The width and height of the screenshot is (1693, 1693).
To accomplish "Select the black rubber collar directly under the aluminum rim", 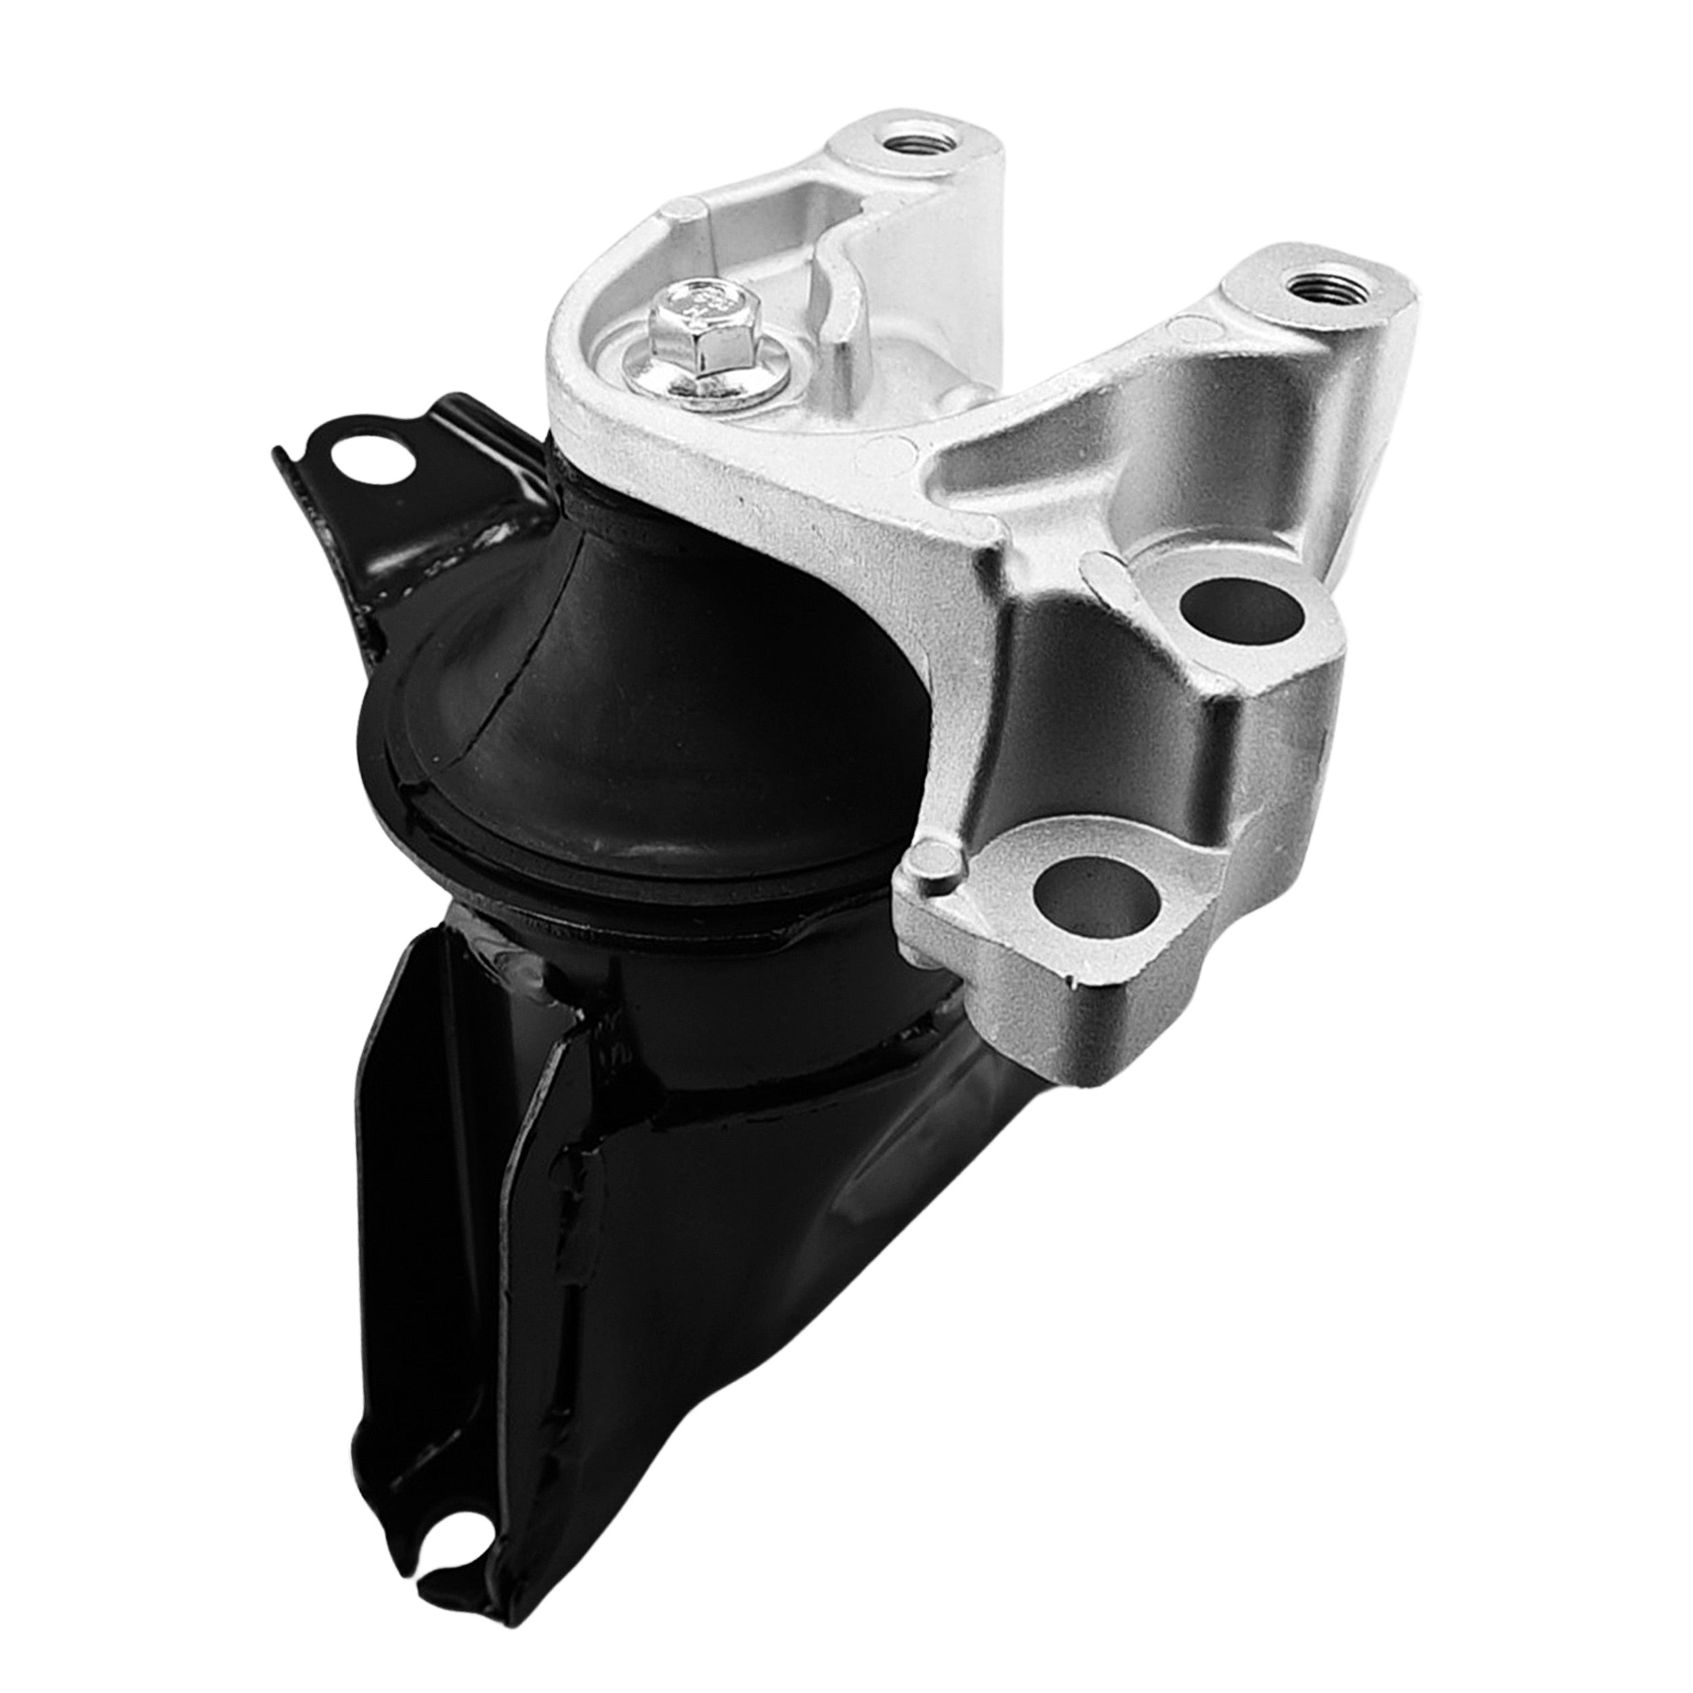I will tap(596, 517).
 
